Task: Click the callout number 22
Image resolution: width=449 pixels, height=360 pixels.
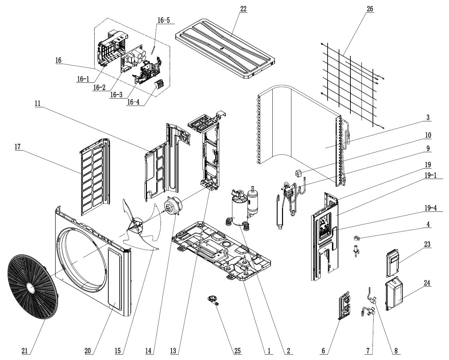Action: (x=243, y=9)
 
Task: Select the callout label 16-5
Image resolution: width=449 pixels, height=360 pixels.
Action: (x=164, y=20)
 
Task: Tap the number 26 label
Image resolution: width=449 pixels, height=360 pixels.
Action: (x=370, y=9)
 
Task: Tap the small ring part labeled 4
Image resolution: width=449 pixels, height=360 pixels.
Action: (x=356, y=239)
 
